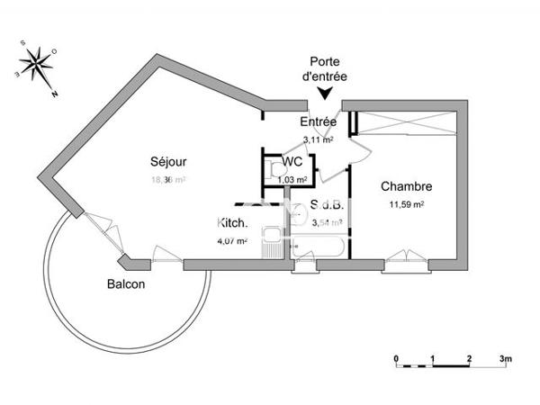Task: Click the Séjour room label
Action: click(168, 162)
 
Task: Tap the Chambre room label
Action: click(407, 187)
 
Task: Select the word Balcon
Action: click(126, 283)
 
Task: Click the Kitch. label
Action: click(232, 223)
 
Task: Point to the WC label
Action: click(292, 162)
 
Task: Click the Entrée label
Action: click(318, 122)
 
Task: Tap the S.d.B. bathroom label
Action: click(325, 205)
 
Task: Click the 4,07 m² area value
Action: click(231, 240)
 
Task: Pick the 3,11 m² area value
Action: click(319, 140)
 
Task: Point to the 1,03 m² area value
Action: click(292, 178)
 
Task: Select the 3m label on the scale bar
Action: click(506, 358)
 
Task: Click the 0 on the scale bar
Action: click(396, 358)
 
